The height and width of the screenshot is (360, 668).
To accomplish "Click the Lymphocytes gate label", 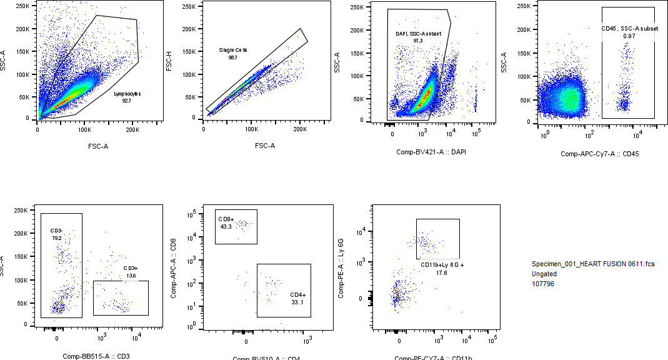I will [x=127, y=93].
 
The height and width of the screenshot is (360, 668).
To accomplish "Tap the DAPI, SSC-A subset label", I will [x=418, y=33].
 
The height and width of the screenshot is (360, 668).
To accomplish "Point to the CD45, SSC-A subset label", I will [x=628, y=29].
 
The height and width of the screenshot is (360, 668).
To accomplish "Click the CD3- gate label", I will [x=57, y=231].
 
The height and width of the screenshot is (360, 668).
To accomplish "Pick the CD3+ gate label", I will [x=131, y=268].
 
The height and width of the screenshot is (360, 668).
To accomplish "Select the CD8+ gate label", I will [x=226, y=219].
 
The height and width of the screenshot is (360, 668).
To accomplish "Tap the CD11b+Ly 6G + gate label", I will [x=442, y=265].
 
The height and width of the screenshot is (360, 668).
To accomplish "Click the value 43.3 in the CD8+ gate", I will [x=226, y=227].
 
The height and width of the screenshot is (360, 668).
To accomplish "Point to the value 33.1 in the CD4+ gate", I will [x=297, y=302].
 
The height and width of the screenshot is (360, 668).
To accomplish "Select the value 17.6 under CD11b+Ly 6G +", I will [x=442, y=272].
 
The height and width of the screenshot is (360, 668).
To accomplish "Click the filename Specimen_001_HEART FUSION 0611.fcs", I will [x=593, y=264].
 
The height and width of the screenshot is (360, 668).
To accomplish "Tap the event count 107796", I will [x=543, y=284].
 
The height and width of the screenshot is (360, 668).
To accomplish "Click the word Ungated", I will [x=544, y=274].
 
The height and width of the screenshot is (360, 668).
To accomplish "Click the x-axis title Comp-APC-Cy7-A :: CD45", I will [x=599, y=154].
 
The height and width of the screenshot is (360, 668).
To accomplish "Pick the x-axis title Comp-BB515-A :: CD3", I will [x=96, y=356].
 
